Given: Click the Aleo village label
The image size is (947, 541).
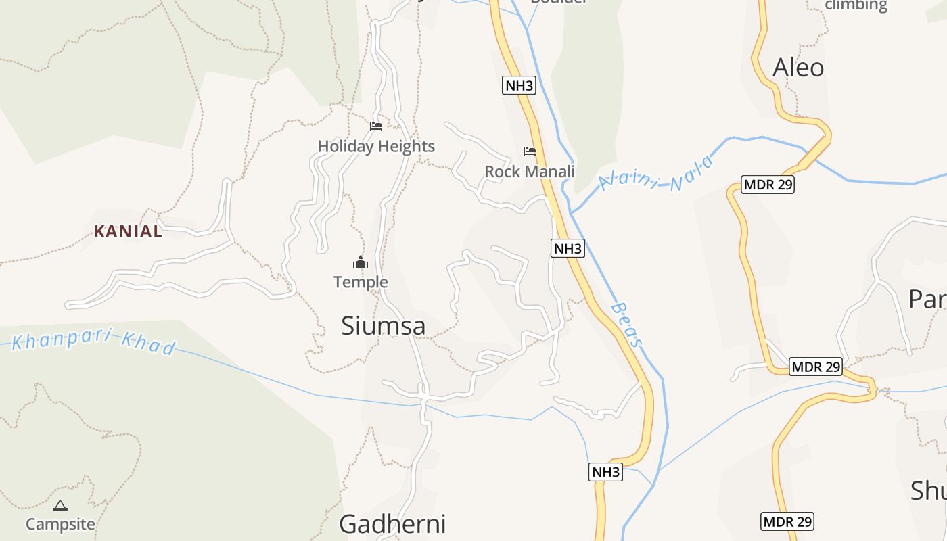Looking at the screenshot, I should tap(798, 68).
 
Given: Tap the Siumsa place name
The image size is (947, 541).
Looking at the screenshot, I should tap(383, 326).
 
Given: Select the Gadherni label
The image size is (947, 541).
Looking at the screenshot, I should tap(392, 524).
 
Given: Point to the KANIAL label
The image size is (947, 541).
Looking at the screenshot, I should tap(129, 231).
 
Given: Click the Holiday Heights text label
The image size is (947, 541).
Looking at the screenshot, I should tap(376, 146).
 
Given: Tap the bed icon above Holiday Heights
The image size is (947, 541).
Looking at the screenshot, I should tap(376, 126).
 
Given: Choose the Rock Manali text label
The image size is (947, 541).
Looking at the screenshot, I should tap(530, 172).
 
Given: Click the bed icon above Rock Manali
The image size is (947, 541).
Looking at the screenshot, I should tap(530, 151).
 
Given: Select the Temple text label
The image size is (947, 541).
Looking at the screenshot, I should tap(361, 282).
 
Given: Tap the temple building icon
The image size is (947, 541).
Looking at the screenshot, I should tap(361, 262).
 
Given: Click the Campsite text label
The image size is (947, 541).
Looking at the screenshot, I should tap(60, 524).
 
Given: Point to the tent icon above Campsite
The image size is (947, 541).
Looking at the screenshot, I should tap(60, 505).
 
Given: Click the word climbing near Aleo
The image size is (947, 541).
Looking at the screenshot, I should tap(856, 5).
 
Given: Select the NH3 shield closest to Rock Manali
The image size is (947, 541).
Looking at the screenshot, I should tap(568, 248).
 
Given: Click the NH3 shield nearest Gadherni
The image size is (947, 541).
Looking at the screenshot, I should tap(605, 472).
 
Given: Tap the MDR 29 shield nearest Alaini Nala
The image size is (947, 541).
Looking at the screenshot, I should tap(768, 185).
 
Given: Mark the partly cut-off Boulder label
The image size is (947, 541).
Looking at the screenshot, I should tap(558, 2).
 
